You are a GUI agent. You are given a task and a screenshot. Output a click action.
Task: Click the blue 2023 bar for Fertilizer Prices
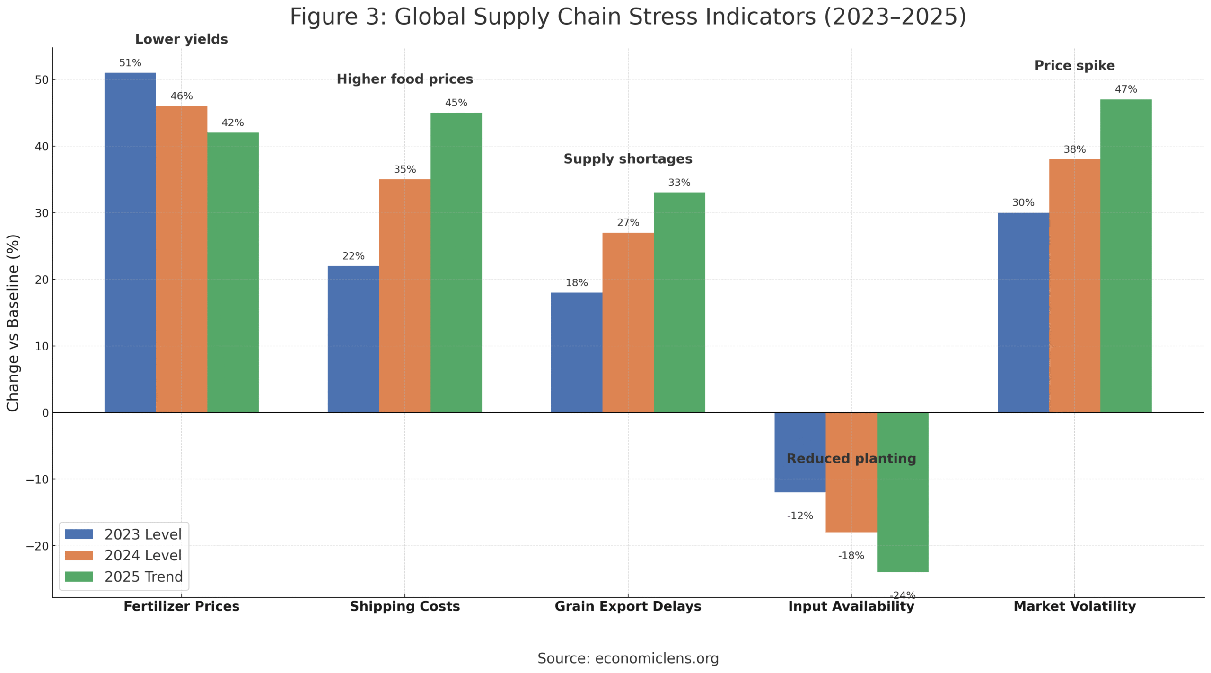pos(130,242)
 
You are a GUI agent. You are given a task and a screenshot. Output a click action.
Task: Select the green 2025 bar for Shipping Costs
pos(456,262)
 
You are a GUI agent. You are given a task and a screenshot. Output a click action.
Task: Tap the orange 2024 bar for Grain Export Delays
pos(628,323)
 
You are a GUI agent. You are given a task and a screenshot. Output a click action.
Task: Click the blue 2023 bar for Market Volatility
pos(1023,312)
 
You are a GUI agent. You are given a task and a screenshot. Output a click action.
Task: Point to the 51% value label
pos(130,63)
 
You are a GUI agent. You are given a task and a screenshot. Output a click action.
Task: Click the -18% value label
pos(851,555)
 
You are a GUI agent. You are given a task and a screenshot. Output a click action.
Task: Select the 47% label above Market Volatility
pos(1126,89)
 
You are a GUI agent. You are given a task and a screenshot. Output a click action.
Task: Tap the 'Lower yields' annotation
pos(181,39)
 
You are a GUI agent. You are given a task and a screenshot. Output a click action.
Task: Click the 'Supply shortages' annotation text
pos(628,159)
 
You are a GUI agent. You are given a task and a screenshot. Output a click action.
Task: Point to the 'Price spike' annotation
pos(1074,66)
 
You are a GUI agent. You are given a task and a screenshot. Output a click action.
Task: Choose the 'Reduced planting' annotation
pos(851,458)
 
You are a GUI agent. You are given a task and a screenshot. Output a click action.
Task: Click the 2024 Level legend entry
pos(143,555)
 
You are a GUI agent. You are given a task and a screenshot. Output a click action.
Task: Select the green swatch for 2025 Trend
pos(79,577)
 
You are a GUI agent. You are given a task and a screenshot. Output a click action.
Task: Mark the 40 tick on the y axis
pos(42,146)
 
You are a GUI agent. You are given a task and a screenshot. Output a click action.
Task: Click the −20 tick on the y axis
pos(38,546)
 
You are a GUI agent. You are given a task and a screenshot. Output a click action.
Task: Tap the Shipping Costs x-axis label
pos(404,606)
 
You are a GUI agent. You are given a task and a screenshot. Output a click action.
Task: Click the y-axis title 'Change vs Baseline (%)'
pos(13,323)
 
